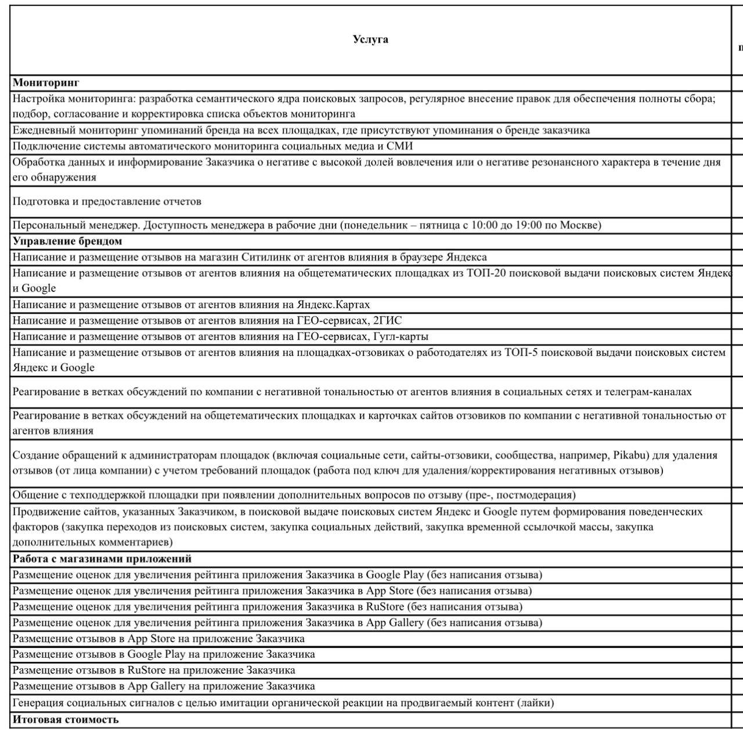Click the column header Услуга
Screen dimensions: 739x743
pyautogui.click(x=370, y=39)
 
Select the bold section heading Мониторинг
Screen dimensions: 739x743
pyautogui.click(x=46, y=83)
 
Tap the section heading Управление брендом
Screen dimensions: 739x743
pyautogui.click(x=67, y=241)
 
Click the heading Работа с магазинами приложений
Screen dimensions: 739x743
pyautogui.click(x=102, y=559)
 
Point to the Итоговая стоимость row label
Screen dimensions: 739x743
pyautogui.click(x=66, y=720)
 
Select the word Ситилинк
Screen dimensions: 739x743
pyautogui.click(x=266, y=257)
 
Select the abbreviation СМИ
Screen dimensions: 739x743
pyautogui.click(x=400, y=146)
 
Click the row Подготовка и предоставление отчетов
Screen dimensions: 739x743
pyautogui.click(x=107, y=201)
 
